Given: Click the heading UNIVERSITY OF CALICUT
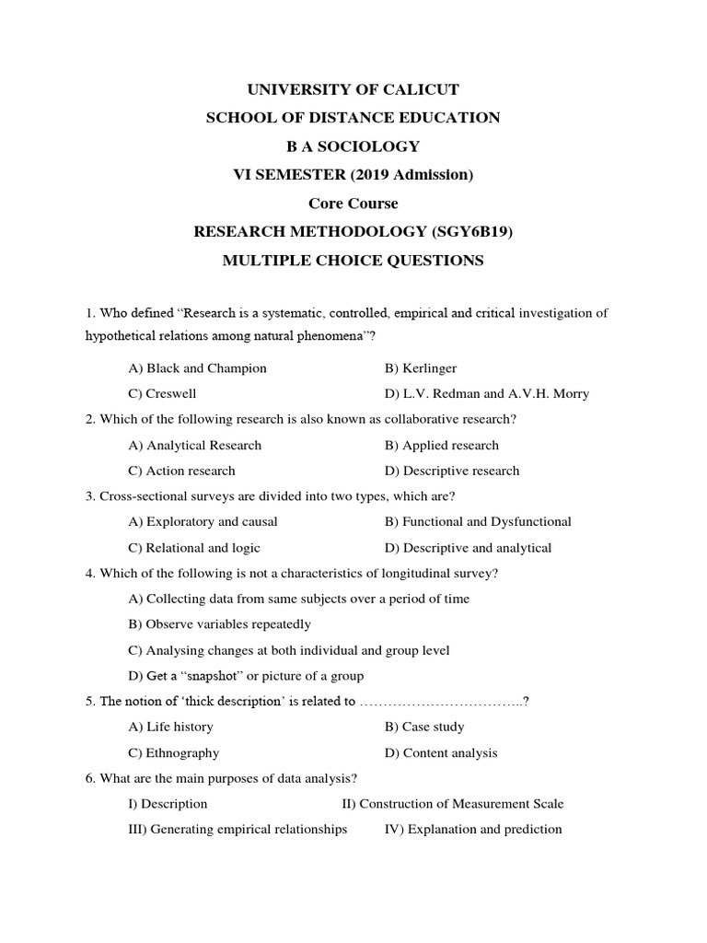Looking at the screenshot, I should (353, 89).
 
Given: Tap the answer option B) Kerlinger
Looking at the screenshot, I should (421, 368).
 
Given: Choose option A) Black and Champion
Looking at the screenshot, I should (198, 368).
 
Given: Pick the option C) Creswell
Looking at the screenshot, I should (163, 394).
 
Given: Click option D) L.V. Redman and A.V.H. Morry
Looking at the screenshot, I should (487, 394).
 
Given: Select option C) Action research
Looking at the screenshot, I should (182, 471).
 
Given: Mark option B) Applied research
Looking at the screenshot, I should (442, 446).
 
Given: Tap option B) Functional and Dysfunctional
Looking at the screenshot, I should (478, 522).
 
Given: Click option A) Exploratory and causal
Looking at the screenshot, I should (203, 522).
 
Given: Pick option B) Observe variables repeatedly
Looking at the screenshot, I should (220, 624).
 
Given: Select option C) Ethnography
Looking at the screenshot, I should (174, 753).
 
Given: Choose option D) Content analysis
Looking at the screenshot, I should (441, 753).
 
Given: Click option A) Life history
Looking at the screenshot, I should (171, 728).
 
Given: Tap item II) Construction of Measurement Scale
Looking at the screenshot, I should (453, 804).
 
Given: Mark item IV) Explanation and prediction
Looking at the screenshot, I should (473, 830).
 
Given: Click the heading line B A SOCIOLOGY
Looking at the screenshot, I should (353, 146).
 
